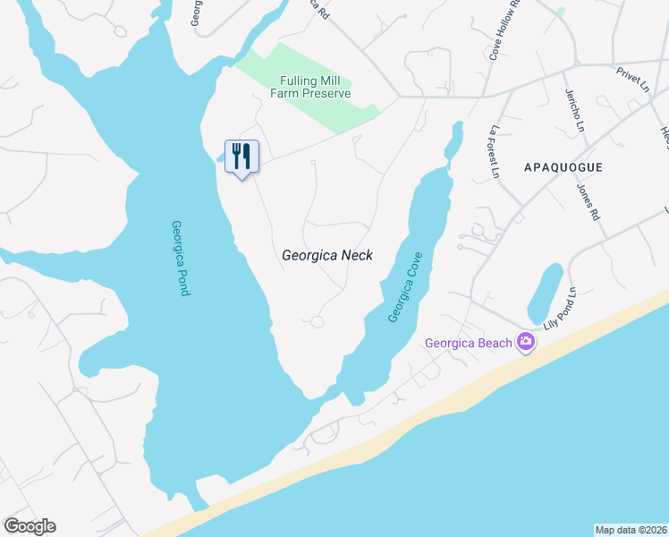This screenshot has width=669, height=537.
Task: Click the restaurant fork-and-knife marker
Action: coord(241,157)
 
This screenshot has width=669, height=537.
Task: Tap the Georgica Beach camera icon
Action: coord(525,342)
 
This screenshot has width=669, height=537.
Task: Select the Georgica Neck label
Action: coord(326,255)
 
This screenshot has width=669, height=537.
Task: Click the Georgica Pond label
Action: coord(180,259)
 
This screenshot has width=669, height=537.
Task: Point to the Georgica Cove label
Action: coord(405,287)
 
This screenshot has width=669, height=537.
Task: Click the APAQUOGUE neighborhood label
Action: coord(563,167)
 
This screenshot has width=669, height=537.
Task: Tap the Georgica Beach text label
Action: coord(468,343)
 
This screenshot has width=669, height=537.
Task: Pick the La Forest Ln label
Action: coord(492,152)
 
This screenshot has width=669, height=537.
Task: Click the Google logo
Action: coord(30,526)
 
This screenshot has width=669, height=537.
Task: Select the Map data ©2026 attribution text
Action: coord(631,530)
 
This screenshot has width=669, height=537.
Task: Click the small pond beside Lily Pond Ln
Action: coord(545,293)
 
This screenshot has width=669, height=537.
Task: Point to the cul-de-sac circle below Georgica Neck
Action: coord(317,322)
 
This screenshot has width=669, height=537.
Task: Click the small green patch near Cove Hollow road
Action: coord(560,12)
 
